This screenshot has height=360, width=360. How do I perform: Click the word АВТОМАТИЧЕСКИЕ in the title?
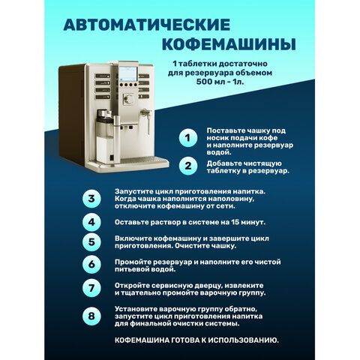147,25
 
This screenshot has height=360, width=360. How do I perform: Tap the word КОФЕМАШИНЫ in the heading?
229,44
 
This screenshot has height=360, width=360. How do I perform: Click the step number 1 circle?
188,138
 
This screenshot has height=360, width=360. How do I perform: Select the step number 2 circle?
188,166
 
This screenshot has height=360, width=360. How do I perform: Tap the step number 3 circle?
91,199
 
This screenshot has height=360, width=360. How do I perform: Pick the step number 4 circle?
91,222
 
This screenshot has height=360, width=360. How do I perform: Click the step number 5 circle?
91,242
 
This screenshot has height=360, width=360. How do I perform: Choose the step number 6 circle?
91,265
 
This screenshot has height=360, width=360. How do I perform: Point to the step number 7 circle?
91,288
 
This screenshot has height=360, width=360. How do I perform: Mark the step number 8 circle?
91,316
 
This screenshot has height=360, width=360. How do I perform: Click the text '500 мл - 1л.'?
220,82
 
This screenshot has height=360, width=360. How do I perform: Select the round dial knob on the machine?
129,100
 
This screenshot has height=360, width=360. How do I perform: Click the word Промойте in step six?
133,262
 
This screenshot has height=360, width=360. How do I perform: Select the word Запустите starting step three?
134,192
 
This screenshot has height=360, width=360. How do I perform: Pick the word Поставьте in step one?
226,130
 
